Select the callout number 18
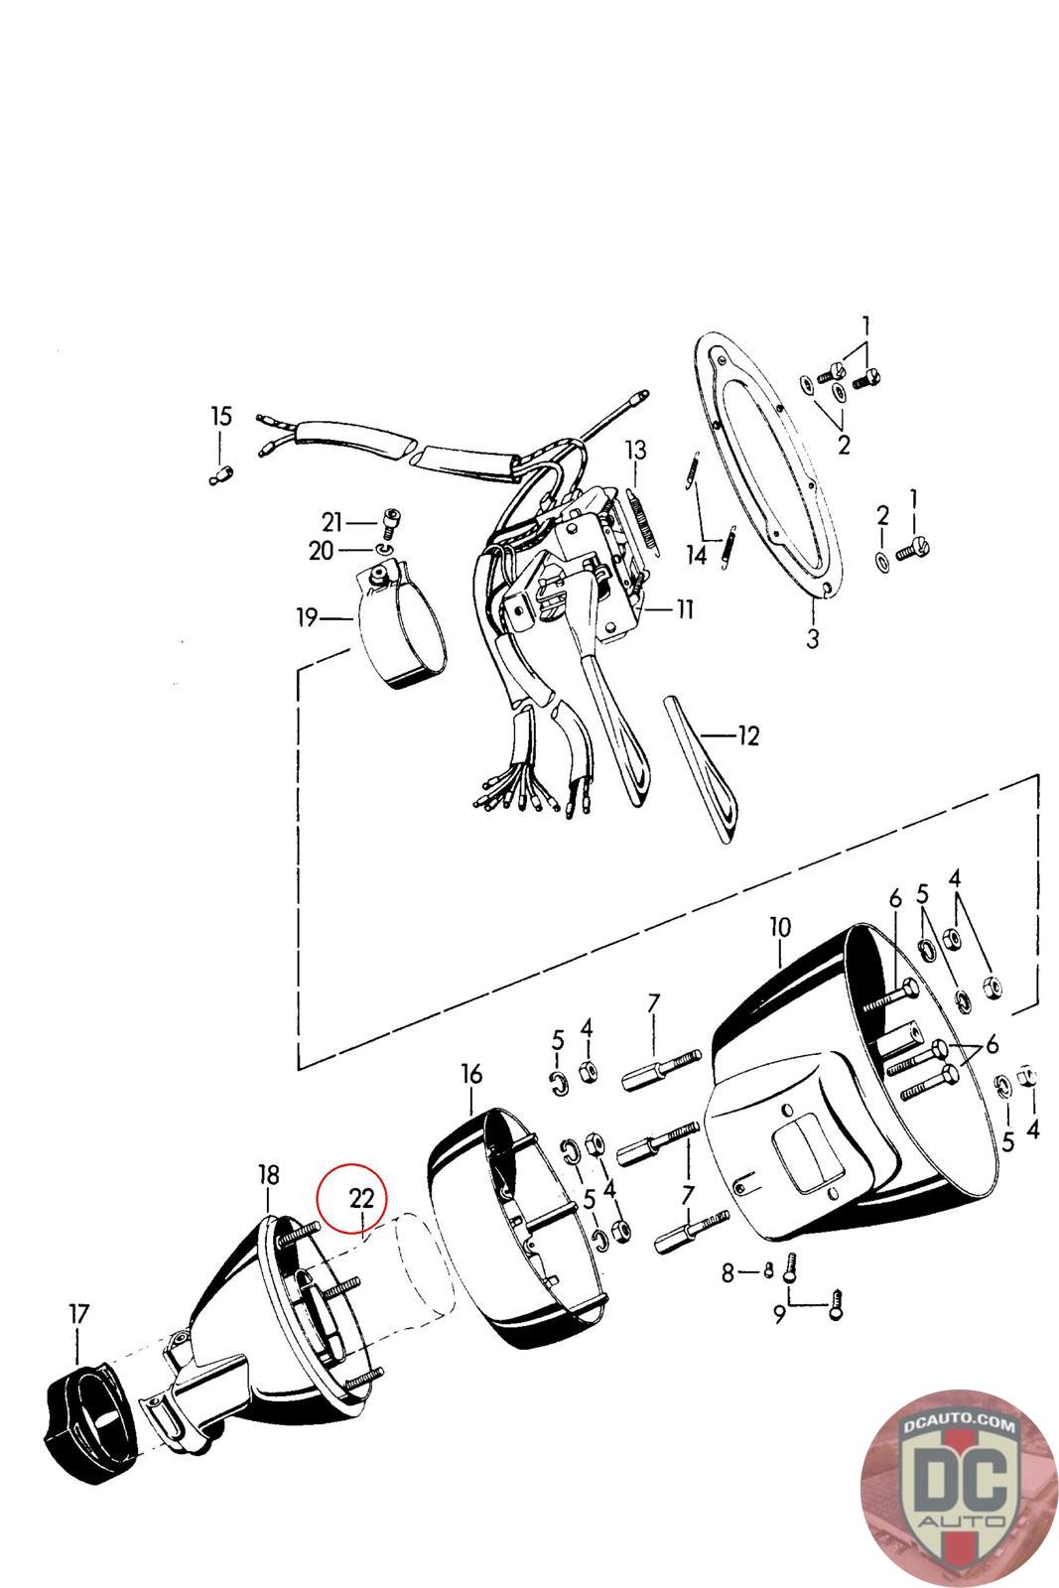click(268, 1175)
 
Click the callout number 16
click(471, 1074)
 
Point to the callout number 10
click(780, 927)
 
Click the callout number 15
click(220, 416)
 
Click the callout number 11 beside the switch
click(685, 608)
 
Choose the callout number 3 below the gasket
click(813, 638)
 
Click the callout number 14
click(698, 555)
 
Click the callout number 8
click(728, 1272)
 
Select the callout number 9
click(779, 1315)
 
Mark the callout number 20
click(321, 550)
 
